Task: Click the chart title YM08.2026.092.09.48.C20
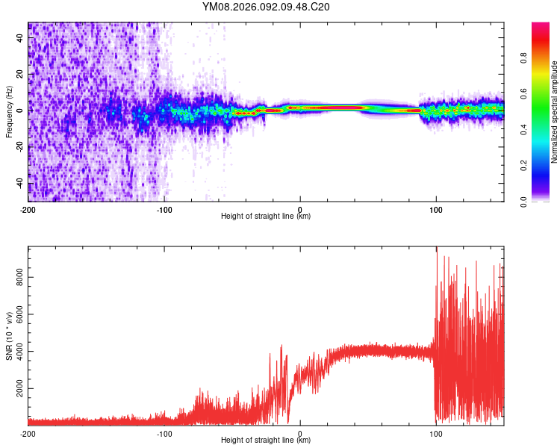(266, 7)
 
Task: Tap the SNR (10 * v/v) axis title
(10, 335)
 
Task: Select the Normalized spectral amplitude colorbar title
(554, 112)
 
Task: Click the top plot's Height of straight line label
(266, 216)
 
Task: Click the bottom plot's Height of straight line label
(266, 440)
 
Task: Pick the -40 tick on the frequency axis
(20, 184)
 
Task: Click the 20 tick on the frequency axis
(20, 73)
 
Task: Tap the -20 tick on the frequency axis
(20, 147)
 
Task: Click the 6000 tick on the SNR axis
(20, 315)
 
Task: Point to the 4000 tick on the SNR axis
(20, 352)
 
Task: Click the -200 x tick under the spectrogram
(28, 210)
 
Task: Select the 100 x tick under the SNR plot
(436, 434)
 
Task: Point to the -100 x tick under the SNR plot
(164, 434)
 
